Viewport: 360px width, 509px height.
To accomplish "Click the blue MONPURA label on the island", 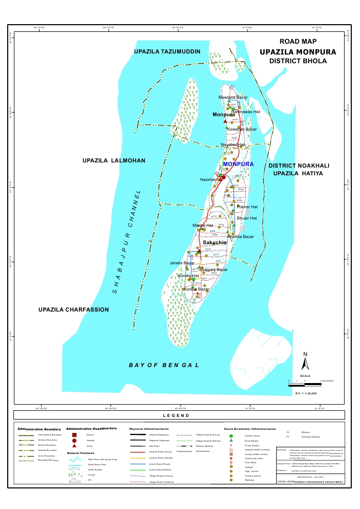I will pyautogui.click(x=239, y=164).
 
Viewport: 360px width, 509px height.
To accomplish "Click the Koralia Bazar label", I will pyautogui.click(x=196, y=289).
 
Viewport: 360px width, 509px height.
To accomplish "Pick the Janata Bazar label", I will pyautogui.click(x=182, y=263).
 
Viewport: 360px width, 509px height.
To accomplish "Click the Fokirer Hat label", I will pyautogui.click(x=246, y=206).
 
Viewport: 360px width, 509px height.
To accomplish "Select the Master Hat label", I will pyautogui.click(x=203, y=225).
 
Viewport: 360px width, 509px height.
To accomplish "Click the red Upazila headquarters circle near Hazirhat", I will pyautogui.click(x=223, y=177).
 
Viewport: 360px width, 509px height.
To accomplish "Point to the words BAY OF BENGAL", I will pyautogui.click(x=164, y=365).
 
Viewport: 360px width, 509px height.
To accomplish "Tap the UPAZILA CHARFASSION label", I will pyautogui.click(x=74, y=310).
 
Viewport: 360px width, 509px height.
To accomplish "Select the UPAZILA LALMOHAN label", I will pyautogui.click(x=114, y=161).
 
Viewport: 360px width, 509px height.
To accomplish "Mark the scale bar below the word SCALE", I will pyautogui.click(x=304, y=384).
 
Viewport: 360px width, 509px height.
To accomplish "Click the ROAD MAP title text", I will pyautogui.click(x=298, y=41).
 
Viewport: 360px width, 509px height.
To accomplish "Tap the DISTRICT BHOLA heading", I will pyautogui.click(x=298, y=61).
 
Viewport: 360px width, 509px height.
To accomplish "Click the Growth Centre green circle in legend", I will pyautogui.click(x=231, y=435).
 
